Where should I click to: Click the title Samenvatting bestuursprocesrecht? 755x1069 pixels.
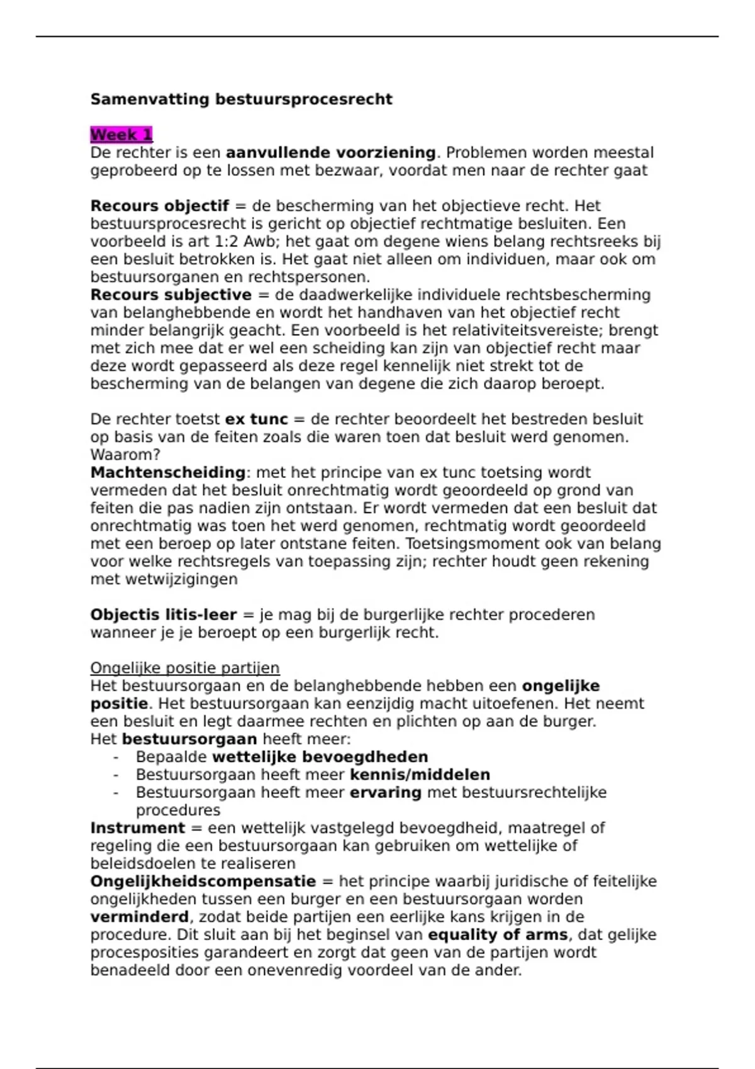pos(241,99)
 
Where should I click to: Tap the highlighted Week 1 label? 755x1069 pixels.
pos(121,135)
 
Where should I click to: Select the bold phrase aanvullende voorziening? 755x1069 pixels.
pos(330,153)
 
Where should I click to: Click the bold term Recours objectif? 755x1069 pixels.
pos(159,206)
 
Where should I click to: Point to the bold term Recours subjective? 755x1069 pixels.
pos(171,295)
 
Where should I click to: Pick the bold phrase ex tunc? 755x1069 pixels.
pos(256,419)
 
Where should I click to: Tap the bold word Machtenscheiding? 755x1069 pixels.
pos(167,473)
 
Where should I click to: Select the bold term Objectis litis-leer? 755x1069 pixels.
pos(164,615)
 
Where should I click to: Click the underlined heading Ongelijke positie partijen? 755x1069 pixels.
pos(185,668)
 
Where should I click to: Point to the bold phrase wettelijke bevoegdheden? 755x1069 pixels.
pos(320,757)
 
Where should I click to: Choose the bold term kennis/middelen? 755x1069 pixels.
pos(420,775)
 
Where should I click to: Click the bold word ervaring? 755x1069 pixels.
pos(385,792)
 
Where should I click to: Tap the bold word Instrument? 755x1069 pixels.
pos(138,828)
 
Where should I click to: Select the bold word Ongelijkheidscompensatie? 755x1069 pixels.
pos(203,882)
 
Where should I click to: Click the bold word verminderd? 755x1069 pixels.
pos(139,917)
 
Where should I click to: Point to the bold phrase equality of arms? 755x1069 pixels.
pos(497,935)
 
